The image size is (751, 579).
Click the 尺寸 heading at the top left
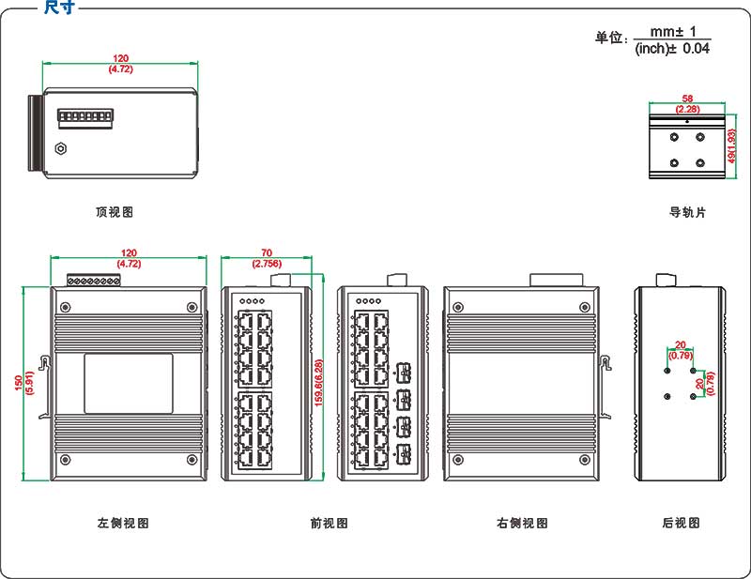(59, 8)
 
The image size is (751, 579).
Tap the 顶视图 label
(115, 212)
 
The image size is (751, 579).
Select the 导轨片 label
(687, 212)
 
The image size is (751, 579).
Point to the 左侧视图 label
(123, 523)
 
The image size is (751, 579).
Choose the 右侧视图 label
(522, 523)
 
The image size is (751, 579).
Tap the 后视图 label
(681, 523)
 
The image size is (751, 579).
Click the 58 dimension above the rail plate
(687, 99)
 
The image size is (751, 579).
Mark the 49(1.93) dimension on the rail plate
(733, 146)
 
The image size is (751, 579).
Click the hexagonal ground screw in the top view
(61, 147)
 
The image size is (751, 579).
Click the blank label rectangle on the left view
(129, 383)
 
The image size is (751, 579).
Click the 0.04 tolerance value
(696, 48)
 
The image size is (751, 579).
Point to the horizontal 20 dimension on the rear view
(681, 344)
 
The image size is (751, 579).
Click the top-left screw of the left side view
(66, 306)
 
